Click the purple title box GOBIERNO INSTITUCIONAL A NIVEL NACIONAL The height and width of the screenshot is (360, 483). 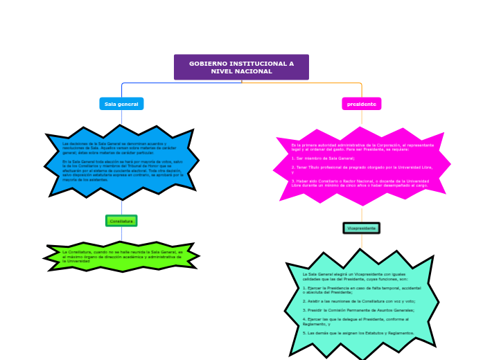tap(241, 67)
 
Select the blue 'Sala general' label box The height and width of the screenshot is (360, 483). tap(121, 104)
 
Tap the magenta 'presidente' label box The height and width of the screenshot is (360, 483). tap(362, 104)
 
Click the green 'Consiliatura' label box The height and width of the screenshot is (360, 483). tap(121, 221)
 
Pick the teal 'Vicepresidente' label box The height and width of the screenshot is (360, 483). tap(362, 228)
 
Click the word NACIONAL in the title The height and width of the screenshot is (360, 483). tap(252, 71)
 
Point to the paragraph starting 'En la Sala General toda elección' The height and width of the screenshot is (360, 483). tap(122, 170)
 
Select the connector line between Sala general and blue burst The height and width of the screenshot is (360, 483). tap(121, 118)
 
